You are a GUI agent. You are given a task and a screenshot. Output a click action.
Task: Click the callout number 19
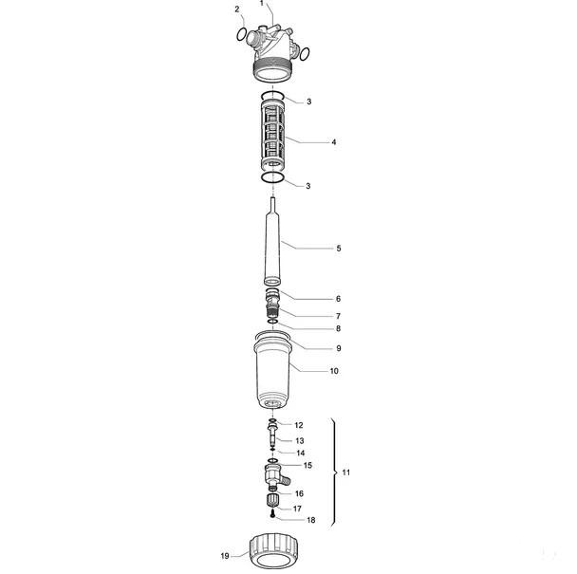(x=225, y=556)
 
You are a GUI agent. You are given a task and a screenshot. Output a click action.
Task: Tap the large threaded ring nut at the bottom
(x=272, y=551)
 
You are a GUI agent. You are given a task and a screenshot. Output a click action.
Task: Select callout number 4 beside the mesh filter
(x=334, y=142)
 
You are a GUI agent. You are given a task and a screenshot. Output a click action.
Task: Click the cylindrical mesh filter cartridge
(x=272, y=136)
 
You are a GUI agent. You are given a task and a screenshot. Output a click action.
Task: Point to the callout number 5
(x=339, y=249)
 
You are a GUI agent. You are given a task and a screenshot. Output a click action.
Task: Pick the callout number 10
(x=334, y=371)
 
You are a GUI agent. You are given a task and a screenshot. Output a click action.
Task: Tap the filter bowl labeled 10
(x=272, y=372)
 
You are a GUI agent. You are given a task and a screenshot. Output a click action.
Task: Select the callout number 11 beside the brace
(x=345, y=472)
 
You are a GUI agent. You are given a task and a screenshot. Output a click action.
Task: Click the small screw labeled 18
(x=272, y=514)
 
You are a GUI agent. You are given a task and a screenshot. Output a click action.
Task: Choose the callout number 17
(x=297, y=509)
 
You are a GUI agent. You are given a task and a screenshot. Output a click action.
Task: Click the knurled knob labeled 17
(x=272, y=500)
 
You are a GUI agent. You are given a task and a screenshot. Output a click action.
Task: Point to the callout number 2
(x=237, y=9)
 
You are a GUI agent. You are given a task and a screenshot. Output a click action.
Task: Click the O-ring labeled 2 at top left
(x=241, y=34)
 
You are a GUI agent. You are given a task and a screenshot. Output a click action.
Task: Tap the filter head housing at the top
(x=271, y=51)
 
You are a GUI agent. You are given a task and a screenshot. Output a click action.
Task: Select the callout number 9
(x=339, y=348)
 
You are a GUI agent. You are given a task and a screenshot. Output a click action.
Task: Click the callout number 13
(x=300, y=441)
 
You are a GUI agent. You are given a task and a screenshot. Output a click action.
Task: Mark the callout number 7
(x=338, y=316)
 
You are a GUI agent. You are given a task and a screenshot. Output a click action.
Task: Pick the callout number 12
(x=298, y=425)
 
